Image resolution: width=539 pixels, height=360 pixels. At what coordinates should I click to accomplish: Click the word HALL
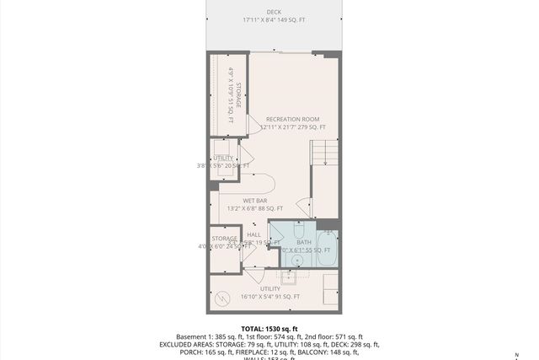point(253,234)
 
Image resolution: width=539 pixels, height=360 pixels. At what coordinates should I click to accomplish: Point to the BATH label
point(303,242)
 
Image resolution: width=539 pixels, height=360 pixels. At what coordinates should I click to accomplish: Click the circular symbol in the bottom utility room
point(223,298)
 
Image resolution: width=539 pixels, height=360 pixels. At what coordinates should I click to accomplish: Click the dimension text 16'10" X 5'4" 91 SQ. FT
point(269,297)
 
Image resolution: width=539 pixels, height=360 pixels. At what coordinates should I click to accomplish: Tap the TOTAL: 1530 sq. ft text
point(269,329)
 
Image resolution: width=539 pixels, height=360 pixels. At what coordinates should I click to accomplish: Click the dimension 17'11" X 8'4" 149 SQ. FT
point(275,19)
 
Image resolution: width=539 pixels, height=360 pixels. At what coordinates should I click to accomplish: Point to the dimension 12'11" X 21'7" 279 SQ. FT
point(293,127)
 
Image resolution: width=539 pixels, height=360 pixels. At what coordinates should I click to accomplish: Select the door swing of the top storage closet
point(253,125)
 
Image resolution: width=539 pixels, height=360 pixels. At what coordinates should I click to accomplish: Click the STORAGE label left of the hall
point(223,239)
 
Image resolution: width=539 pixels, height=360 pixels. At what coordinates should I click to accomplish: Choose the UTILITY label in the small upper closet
point(223,158)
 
